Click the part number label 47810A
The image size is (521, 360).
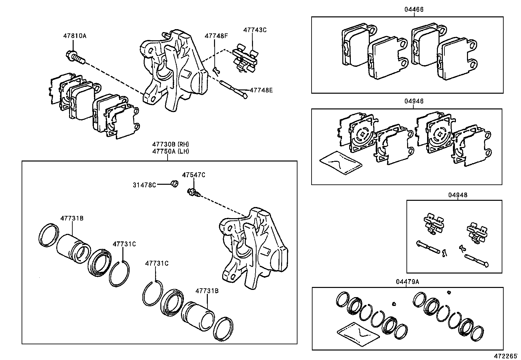coord(75,36)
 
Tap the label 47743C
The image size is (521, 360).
coord(255,30)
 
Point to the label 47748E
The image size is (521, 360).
coord(261,89)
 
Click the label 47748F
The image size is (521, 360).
coord(216,36)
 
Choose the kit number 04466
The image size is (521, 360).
coord(414,9)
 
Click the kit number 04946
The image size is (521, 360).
coord(414,101)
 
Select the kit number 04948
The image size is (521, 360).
coord(458,195)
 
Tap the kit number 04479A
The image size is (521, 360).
coord(407,282)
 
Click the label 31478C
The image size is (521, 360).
coord(144,185)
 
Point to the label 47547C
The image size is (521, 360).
coord(193,175)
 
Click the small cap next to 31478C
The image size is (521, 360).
coord(175,184)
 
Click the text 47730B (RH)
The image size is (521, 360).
coord(170,144)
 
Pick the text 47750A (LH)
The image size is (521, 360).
coord(170,151)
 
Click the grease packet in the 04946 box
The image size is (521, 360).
coord(341,163)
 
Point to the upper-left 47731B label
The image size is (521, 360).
coord(71,218)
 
